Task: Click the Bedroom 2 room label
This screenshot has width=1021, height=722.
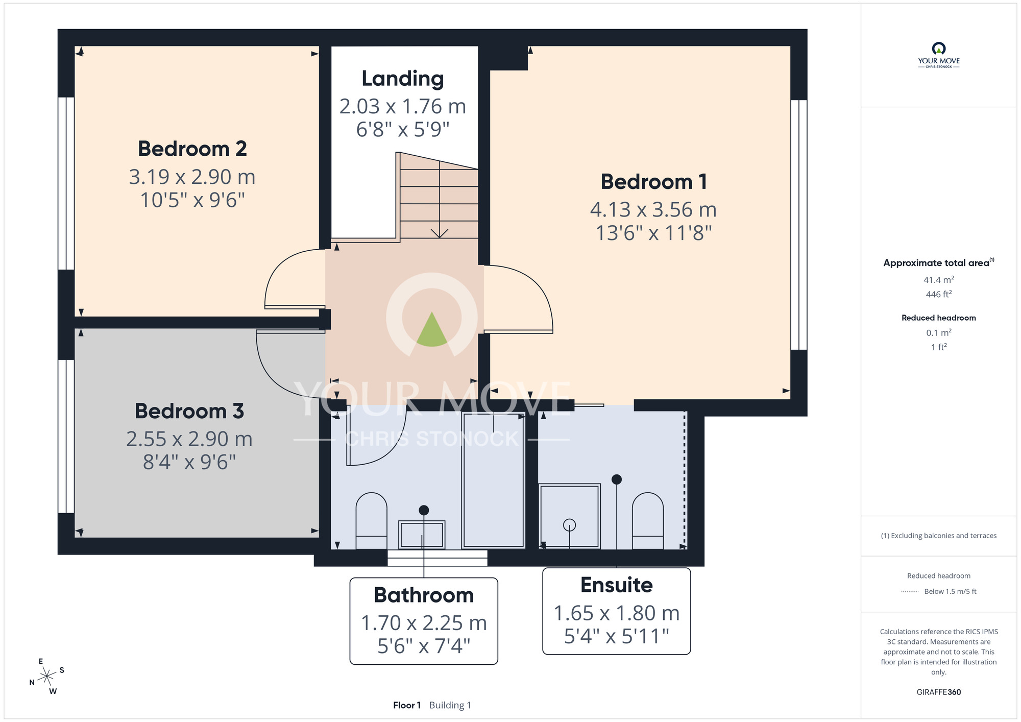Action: (192, 149)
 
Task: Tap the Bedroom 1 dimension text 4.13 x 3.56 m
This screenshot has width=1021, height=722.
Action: (653, 210)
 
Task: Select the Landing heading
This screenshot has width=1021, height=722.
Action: (403, 79)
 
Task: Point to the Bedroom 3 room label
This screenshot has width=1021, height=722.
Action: (189, 411)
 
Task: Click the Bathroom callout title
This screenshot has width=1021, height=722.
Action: (424, 595)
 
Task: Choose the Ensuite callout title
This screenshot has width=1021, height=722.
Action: (617, 585)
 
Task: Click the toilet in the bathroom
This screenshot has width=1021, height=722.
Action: (371, 521)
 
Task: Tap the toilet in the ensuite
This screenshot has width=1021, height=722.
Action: (648, 521)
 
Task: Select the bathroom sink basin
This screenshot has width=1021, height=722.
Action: (422, 535)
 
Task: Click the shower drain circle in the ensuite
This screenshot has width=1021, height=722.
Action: (569, 525)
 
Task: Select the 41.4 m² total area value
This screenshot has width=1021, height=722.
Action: (939, 280)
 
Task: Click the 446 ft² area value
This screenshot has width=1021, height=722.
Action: (939, 294)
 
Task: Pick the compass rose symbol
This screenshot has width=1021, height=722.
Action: (47, 677)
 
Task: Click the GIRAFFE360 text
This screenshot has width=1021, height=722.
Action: (939, 692)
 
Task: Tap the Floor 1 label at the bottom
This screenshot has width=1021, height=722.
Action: (407, 705)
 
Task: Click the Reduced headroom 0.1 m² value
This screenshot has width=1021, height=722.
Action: (939, 333)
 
